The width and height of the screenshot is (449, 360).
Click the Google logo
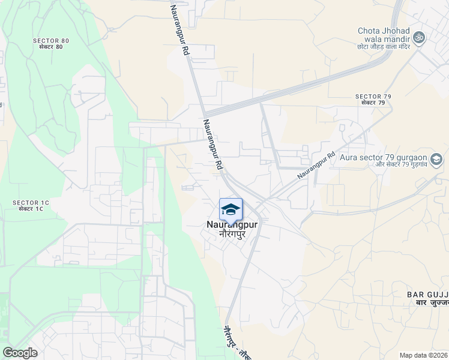(20, 353)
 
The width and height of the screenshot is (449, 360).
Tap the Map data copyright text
(424, 355)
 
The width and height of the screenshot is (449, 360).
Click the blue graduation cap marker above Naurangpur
(231, 209)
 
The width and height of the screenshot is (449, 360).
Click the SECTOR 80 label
(51, 41)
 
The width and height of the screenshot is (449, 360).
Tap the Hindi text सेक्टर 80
(51, 47)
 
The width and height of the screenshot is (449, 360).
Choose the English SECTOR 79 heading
(373, 97)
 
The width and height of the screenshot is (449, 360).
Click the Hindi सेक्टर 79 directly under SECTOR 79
(373, 103)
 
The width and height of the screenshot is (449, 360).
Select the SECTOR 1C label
(31, 203)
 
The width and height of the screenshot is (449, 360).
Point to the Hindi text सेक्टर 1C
(31, 209)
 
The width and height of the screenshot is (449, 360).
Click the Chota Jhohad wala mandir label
(383, 35)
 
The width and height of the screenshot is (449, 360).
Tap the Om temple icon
(420, 37)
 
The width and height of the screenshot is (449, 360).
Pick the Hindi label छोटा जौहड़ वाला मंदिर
(383, 46)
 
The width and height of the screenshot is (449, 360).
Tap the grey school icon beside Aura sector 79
(436, 160)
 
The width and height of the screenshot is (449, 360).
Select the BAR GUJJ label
(427, 294)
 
